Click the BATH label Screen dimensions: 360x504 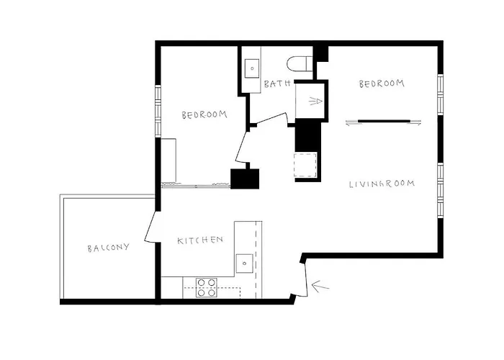coord(276,84)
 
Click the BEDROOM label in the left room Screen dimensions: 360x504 coord(204,114)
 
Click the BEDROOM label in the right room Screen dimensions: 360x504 coord(382,84)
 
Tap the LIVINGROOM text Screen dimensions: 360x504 coord(382,184)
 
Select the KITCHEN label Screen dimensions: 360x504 coord(200,240)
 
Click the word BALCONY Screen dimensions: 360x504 coord(108,248)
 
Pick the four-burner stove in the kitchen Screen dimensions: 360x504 coord(207,283)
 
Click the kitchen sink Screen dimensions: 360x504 coord(244,263)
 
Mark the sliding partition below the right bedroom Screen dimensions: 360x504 coord(382,121)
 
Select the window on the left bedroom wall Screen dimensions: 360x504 coord(157,109)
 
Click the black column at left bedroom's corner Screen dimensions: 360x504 coord(245,179)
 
